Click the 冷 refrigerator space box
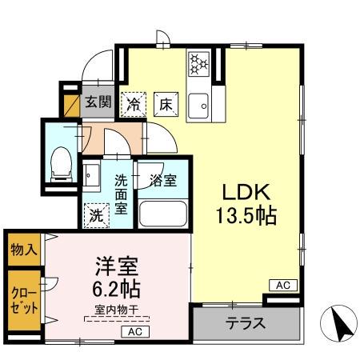pos(134,104)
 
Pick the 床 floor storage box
pos(164,104)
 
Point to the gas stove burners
pos(198,63)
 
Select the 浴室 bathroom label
pos(163,180)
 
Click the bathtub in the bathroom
pos(163,214)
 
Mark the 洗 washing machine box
pos(96,214)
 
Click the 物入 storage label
pos(23,249)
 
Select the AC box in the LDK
pos(282,285)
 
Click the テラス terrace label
pos(246,326)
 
